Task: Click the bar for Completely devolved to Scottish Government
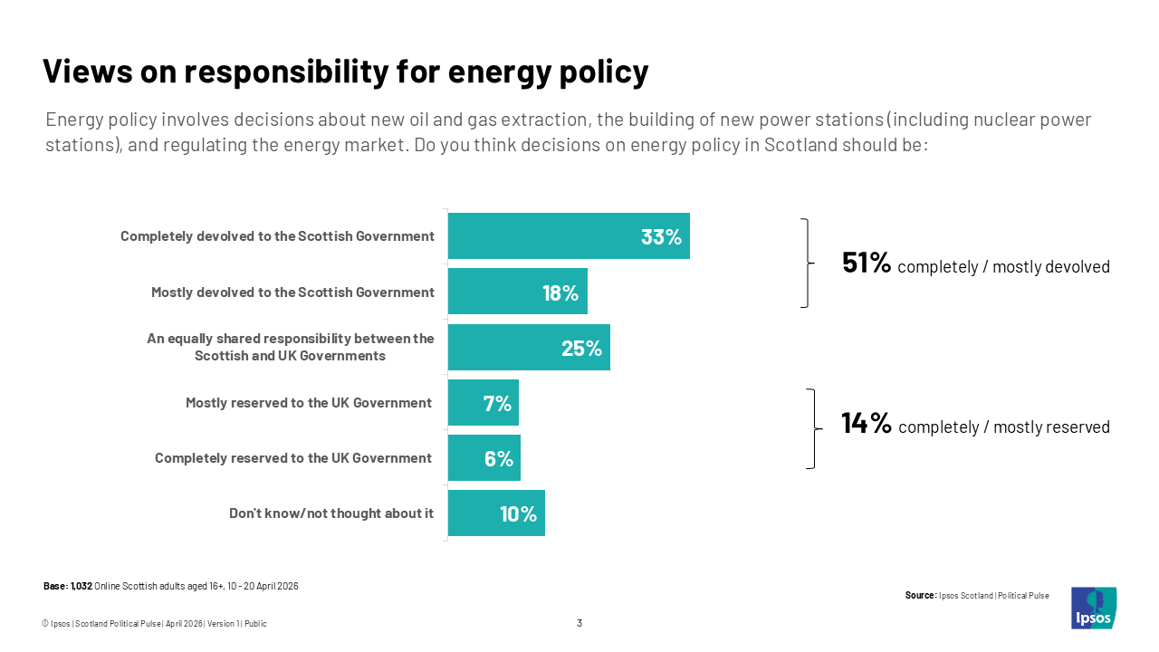569,236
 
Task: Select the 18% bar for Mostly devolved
517,292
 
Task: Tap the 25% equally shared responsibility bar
529,348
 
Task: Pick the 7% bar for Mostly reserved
483,403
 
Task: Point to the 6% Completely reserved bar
484,458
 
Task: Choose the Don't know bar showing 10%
496,513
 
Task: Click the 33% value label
661,237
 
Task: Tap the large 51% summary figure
867,264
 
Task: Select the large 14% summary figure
867,424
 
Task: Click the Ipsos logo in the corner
1093,609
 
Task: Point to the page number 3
579,623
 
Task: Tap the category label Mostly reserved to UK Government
309,403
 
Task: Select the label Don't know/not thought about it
331,513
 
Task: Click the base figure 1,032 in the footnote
81,587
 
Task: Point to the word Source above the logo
919,596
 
